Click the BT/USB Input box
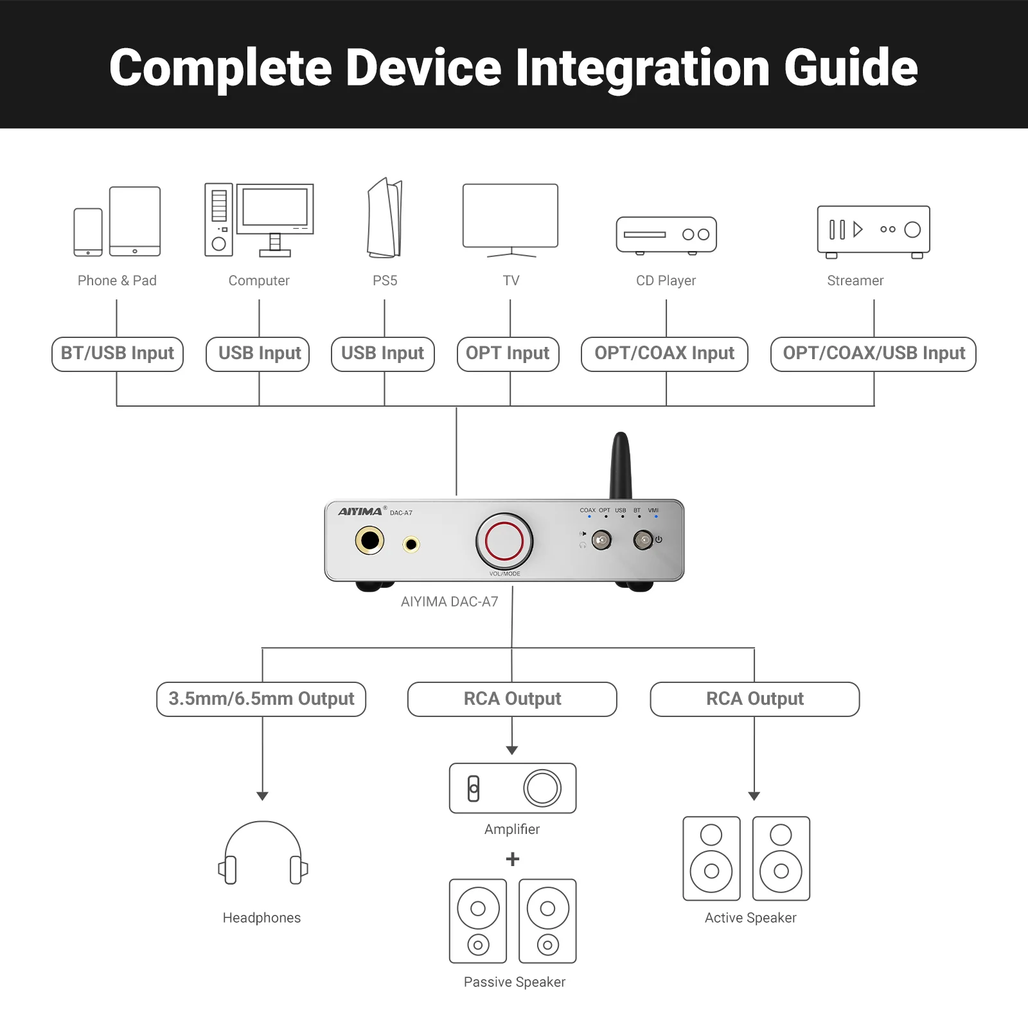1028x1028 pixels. tap(118, 354)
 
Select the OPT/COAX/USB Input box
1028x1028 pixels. tap(873, 354)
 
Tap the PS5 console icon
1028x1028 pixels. tap(385, 218)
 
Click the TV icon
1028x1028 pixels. tap(511, 217)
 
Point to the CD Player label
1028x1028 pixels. tap(666, 281)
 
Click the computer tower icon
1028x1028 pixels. tap(218, 220)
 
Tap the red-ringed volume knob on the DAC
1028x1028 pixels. tap(504, 541)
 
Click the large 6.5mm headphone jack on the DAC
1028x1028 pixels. tap(370, 541)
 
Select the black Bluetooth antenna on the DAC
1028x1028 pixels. tap(621, 466)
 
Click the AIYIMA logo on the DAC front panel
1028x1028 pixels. tap(360, 511)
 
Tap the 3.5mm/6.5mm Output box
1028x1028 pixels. tap(261, 699)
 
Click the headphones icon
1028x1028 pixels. tap(263, 853)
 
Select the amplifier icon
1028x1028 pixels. tap(513, 788)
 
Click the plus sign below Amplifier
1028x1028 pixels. tap(513, 859)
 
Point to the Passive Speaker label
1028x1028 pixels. tap(515, 982)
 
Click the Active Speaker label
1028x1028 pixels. tap(750, 917)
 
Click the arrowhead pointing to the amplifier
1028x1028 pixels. tap(512, 750)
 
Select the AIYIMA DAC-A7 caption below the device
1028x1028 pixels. tap(449, 602)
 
